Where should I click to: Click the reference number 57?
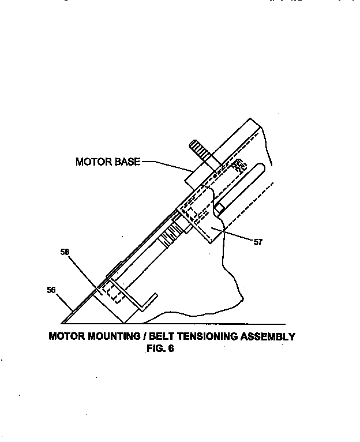pyautogui.click(x=257, y=242)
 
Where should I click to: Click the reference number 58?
pyautogui.click(x=65, y=252)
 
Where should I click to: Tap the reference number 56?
pyautogui.click(x=51, y=290)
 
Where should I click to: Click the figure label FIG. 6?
pyautogui.click(x=160, y=349)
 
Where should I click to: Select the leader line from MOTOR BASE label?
pyautogui.click(x=167, y=166)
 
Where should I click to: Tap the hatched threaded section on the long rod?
pyautogui.click(x=171, y=237)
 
